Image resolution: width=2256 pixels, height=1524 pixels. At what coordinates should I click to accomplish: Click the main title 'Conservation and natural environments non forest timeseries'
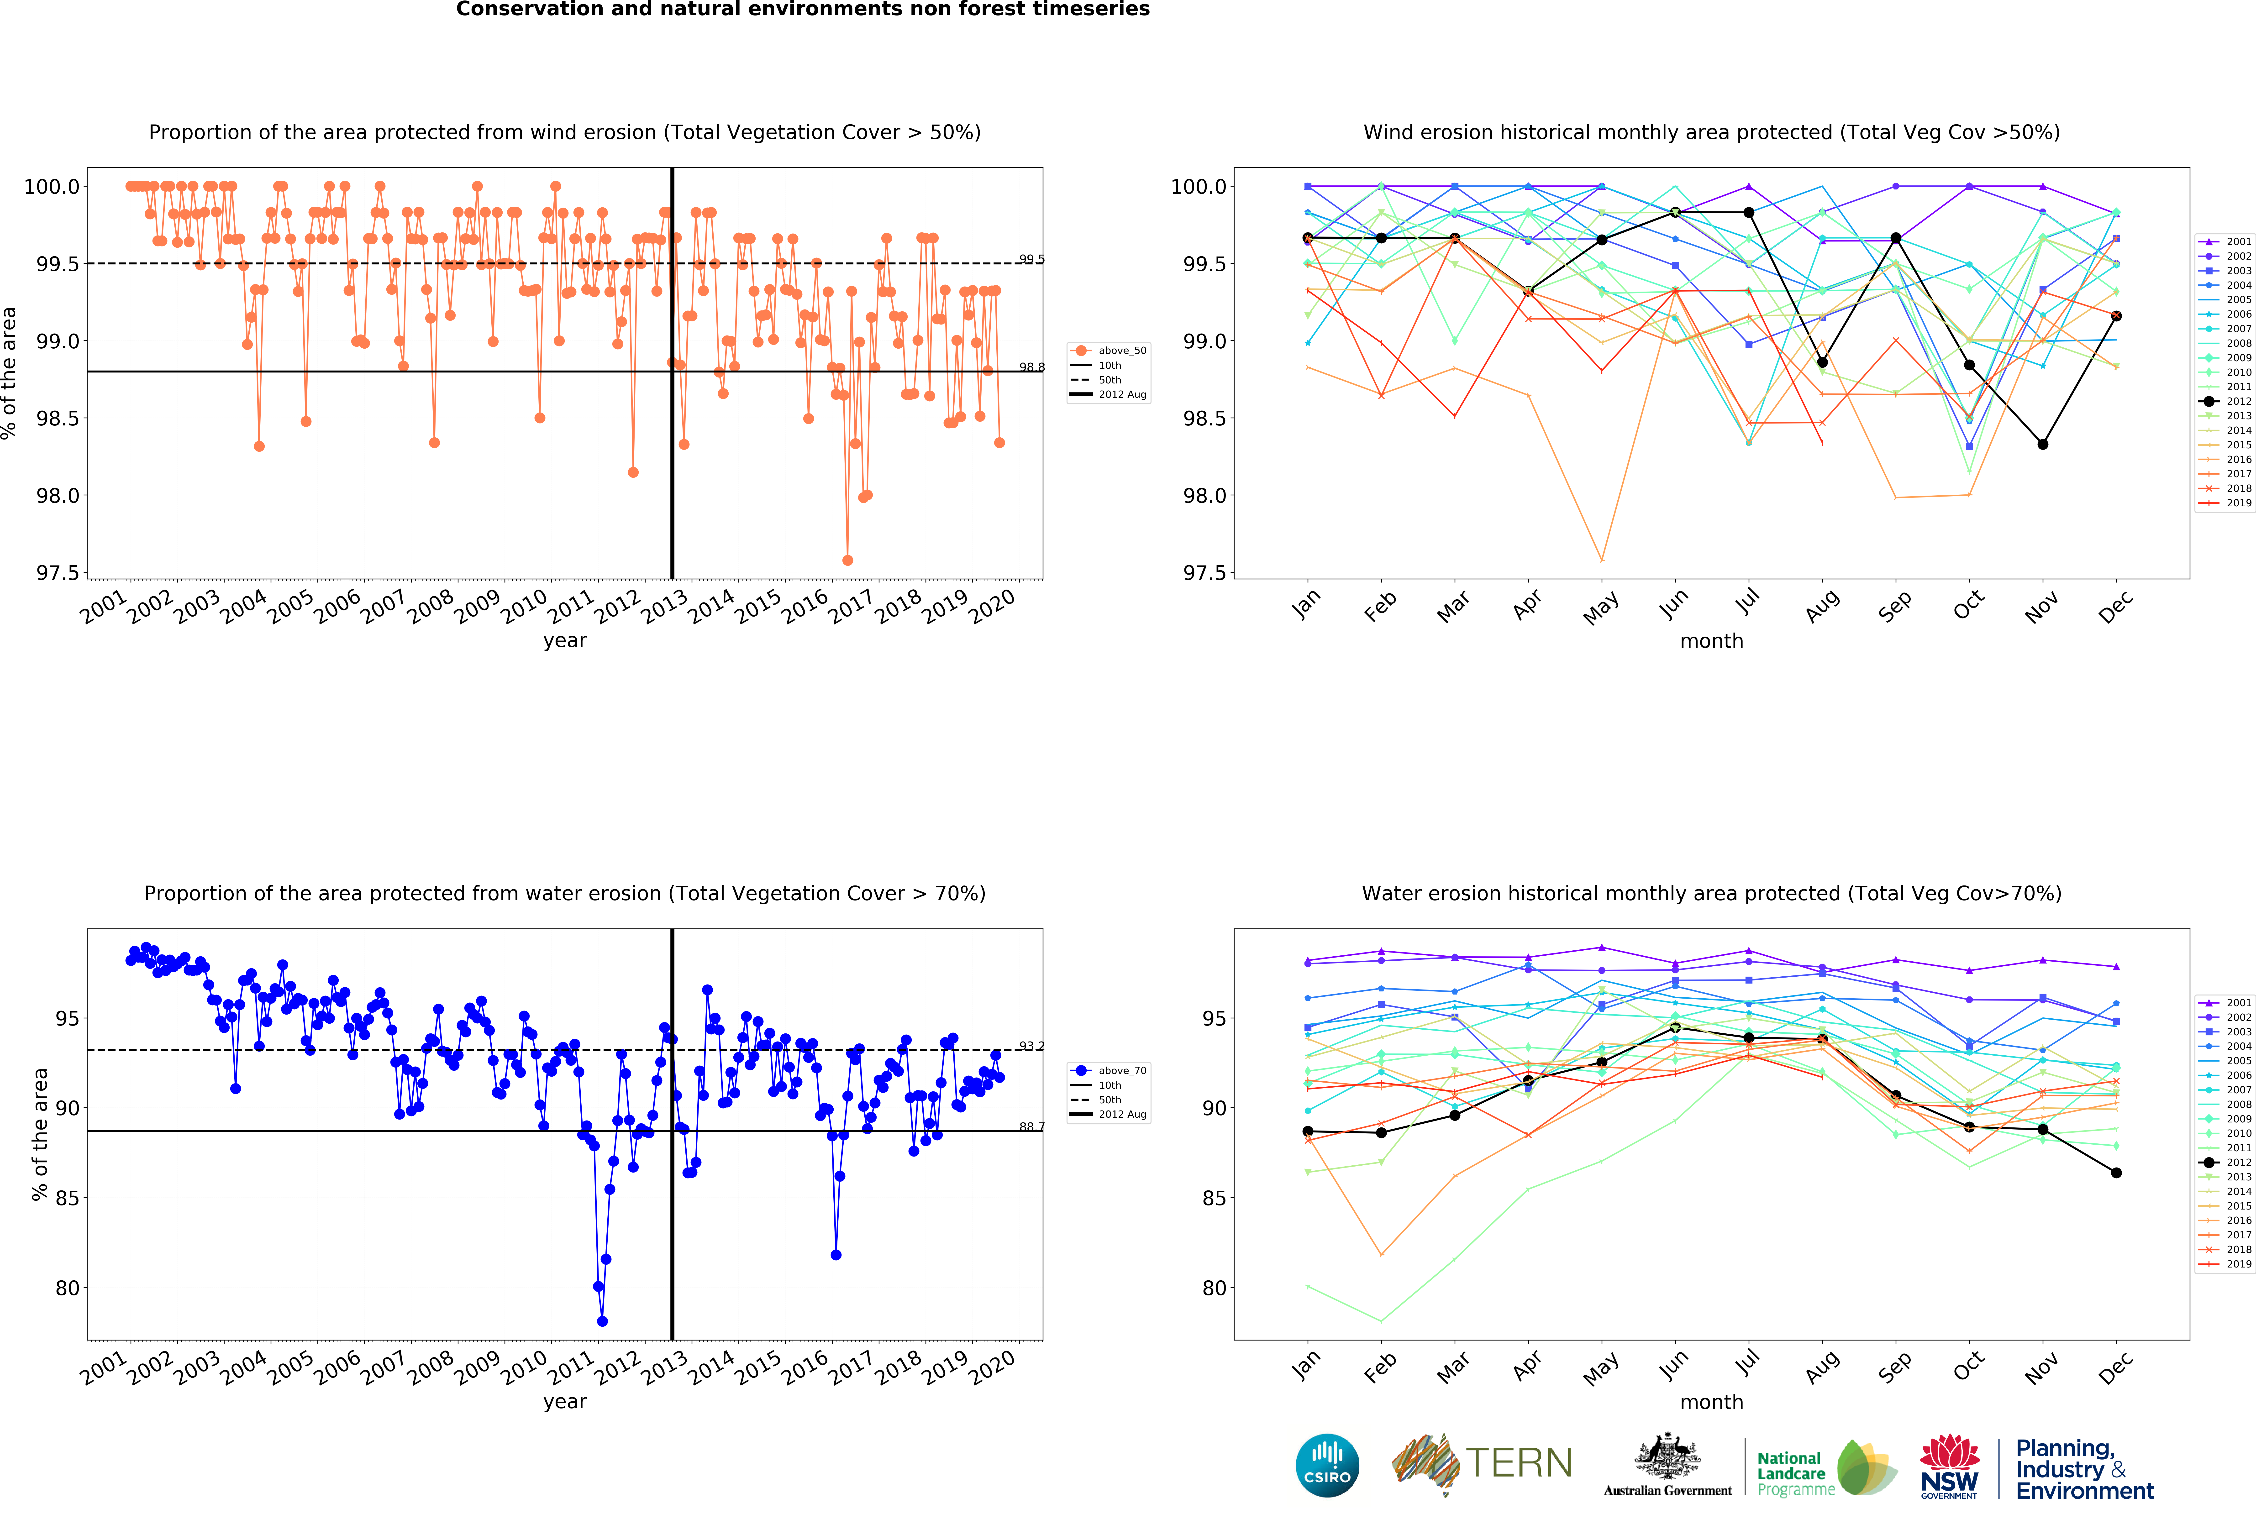pos(803,10)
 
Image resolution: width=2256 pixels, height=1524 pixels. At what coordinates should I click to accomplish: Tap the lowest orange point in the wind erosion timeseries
pos(847,560)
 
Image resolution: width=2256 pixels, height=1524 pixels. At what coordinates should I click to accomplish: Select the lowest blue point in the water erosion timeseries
pos(602,1321)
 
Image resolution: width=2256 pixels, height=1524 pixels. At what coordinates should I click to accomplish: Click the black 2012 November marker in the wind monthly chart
pos(2042,445)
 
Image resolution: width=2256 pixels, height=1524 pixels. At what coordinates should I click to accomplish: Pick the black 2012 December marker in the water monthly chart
pos(2116,1173)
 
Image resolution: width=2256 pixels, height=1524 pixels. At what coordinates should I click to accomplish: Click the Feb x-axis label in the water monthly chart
pos(1379,1367)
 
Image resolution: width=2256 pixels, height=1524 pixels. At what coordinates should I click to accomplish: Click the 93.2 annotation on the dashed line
pos(1031,1046)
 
